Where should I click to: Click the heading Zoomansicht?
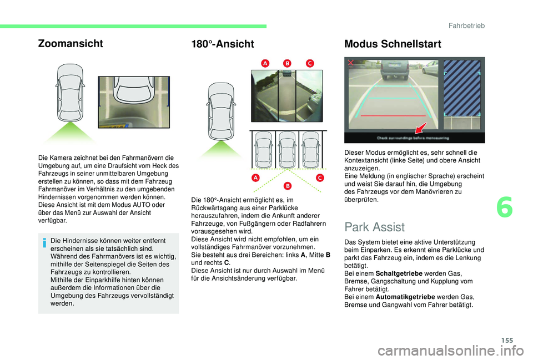(x=70, y=44)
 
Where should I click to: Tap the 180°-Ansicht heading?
(x=222, y=44)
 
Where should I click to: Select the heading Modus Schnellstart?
(x=393, y=44)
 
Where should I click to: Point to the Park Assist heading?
(x=375, y=227)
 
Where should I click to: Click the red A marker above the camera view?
(x=265, y=64)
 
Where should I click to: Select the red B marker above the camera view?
(x=287, y=64)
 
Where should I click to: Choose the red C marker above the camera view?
(x=309, y=64)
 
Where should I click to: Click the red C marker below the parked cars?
(x=320, y=177)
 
